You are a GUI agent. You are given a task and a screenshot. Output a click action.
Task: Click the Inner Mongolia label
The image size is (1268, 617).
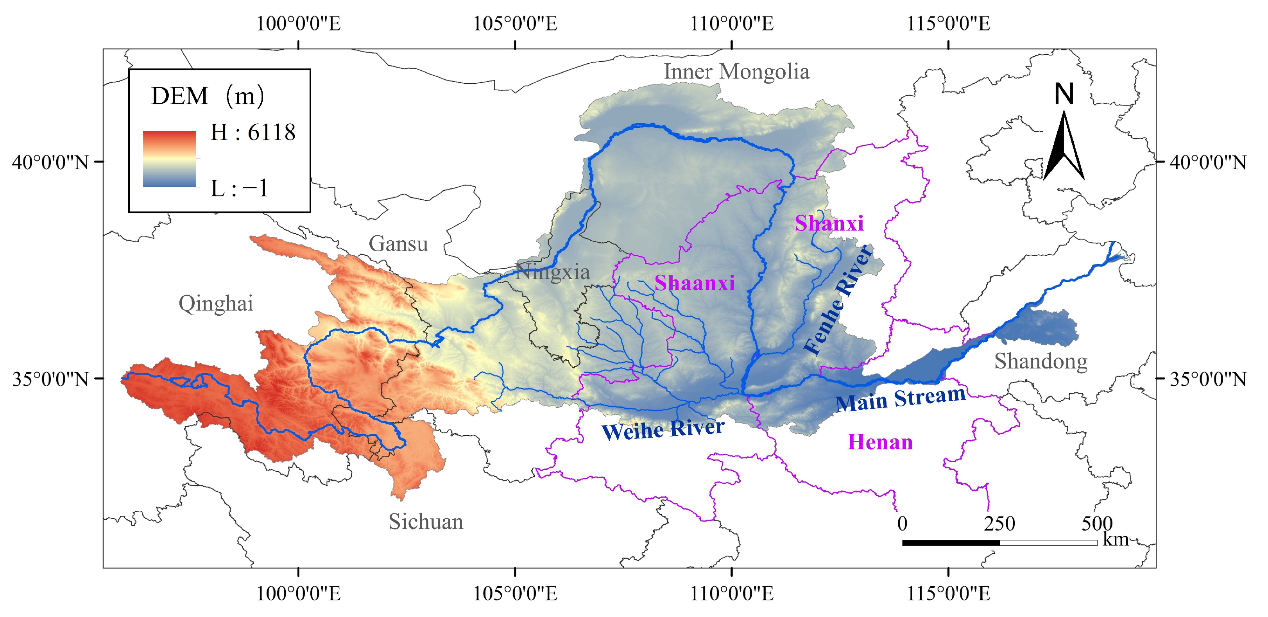(736, 72)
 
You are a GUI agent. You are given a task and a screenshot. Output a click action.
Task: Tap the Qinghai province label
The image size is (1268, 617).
(216, 304)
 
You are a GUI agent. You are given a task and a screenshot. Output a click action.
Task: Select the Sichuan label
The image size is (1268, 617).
(426, 522)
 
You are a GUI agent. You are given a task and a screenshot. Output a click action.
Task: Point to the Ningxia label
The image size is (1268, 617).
(552, 272)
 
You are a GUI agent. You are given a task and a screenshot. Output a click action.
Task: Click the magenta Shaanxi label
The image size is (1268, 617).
(694, 283)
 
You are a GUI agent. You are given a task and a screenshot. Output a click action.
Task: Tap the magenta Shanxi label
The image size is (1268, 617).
(829, 224)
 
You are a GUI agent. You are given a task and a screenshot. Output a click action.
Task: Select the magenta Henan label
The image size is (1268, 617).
(879, 442)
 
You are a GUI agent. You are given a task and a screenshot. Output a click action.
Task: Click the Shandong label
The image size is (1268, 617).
(1041, 361)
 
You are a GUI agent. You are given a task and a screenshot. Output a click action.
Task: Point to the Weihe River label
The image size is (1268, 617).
(663, 429)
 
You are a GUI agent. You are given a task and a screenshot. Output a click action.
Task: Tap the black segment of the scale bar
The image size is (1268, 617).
(951, 543)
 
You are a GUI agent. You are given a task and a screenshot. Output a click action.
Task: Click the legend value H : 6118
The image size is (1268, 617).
(253, 133)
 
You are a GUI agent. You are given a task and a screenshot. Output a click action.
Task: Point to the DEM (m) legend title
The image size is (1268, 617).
(207, 96)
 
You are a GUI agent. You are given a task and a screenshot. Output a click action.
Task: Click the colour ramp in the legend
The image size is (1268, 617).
(169, 159)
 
